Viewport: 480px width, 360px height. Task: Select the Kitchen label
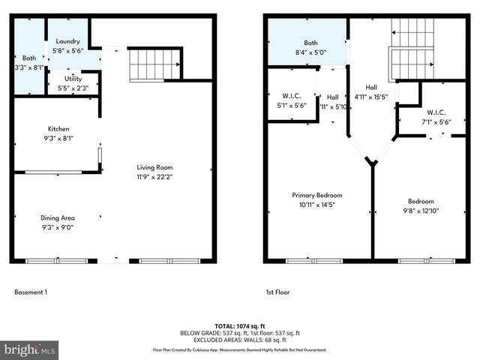pos(58,128)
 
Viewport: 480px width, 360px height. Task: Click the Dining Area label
pos(58,217)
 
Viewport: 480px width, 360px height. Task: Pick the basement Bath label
pos(29,58)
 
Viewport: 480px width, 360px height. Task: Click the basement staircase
pos(155,64)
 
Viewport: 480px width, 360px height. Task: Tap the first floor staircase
pos(412,49)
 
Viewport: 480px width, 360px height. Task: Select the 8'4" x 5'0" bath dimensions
pos(310,53)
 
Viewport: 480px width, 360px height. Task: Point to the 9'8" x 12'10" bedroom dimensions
pos(421,211)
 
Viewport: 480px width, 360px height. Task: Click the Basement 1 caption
pos(31,292)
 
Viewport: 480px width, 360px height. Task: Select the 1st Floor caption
pos(277,292)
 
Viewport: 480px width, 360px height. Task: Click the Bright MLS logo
pos(30,349)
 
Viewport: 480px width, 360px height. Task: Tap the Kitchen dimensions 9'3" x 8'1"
pos(58,138)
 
